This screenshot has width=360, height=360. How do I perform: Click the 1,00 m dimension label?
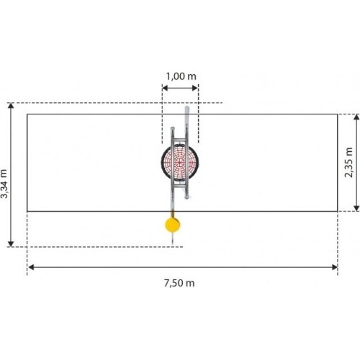click(x=181, y=76)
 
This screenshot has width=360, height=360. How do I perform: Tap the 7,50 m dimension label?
click(x=179, y=283)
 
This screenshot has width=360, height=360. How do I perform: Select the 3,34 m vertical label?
click(x=4, y=184)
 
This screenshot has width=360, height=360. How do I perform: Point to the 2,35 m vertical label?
click(x=348, y=163)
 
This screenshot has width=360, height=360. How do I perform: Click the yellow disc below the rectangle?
click(x=173, y=225)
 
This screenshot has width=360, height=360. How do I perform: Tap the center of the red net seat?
click(x=180, y=162)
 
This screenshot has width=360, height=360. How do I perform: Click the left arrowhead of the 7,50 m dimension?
click(x=31, y=267)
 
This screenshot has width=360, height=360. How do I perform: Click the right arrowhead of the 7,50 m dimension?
click(x=335, y=267)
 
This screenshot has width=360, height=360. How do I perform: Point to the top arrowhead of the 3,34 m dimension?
click(x=11, y=106)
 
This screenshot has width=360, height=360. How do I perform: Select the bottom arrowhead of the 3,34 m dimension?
click(x=11, y=243)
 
